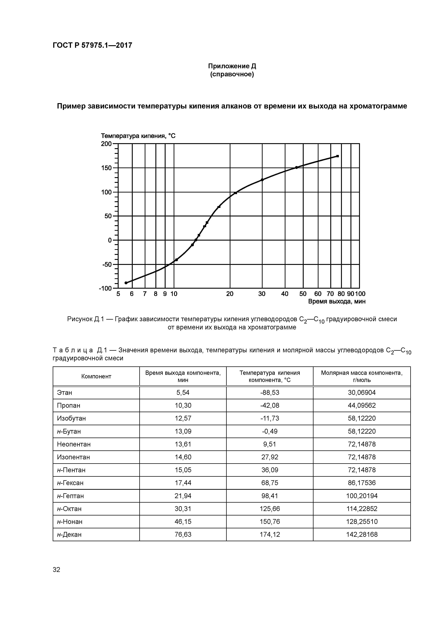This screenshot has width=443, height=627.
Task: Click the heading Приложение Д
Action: (232, 66)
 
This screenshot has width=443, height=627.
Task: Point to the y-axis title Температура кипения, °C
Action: (138, 136)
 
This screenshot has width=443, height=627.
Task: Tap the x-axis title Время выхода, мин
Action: (337, 302)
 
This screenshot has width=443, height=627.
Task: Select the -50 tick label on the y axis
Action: (107, 264)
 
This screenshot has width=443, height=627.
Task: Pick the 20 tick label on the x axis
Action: (230, 294)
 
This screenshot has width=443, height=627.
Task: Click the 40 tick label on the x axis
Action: (285, 294)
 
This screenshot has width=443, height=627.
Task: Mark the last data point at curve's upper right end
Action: (338, 156)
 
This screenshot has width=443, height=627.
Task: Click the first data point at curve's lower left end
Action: (126, 283)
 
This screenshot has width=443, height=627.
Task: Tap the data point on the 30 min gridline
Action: (262, 180)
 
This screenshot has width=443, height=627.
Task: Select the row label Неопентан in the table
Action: (74, 444)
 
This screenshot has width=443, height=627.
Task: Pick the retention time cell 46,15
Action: (183, 522)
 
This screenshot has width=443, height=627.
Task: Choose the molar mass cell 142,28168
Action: (362, 534)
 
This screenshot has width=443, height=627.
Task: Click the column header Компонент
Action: (96, 376)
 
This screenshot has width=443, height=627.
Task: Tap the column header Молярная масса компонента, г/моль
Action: (362, 376)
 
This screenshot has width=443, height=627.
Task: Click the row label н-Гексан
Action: (70, 483)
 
